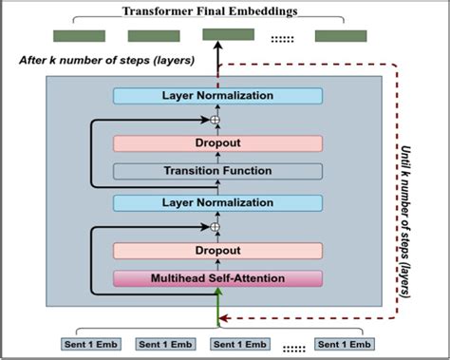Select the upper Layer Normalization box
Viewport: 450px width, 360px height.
(217, 96)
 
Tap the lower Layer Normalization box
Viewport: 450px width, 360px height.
(217, 202)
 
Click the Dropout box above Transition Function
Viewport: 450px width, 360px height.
(217, 143)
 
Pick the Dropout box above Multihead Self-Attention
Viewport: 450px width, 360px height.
(217, 251)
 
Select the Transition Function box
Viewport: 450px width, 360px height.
(217, 172)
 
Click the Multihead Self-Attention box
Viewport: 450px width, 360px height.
(217, 278)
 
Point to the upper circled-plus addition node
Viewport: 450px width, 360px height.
(215, 120)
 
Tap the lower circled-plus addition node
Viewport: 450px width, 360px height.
(215, 227)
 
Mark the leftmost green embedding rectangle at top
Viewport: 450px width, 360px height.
(79, 36)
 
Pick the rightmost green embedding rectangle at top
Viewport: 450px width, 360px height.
(341, 36)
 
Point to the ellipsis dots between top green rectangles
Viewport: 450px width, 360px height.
(283, 38)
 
